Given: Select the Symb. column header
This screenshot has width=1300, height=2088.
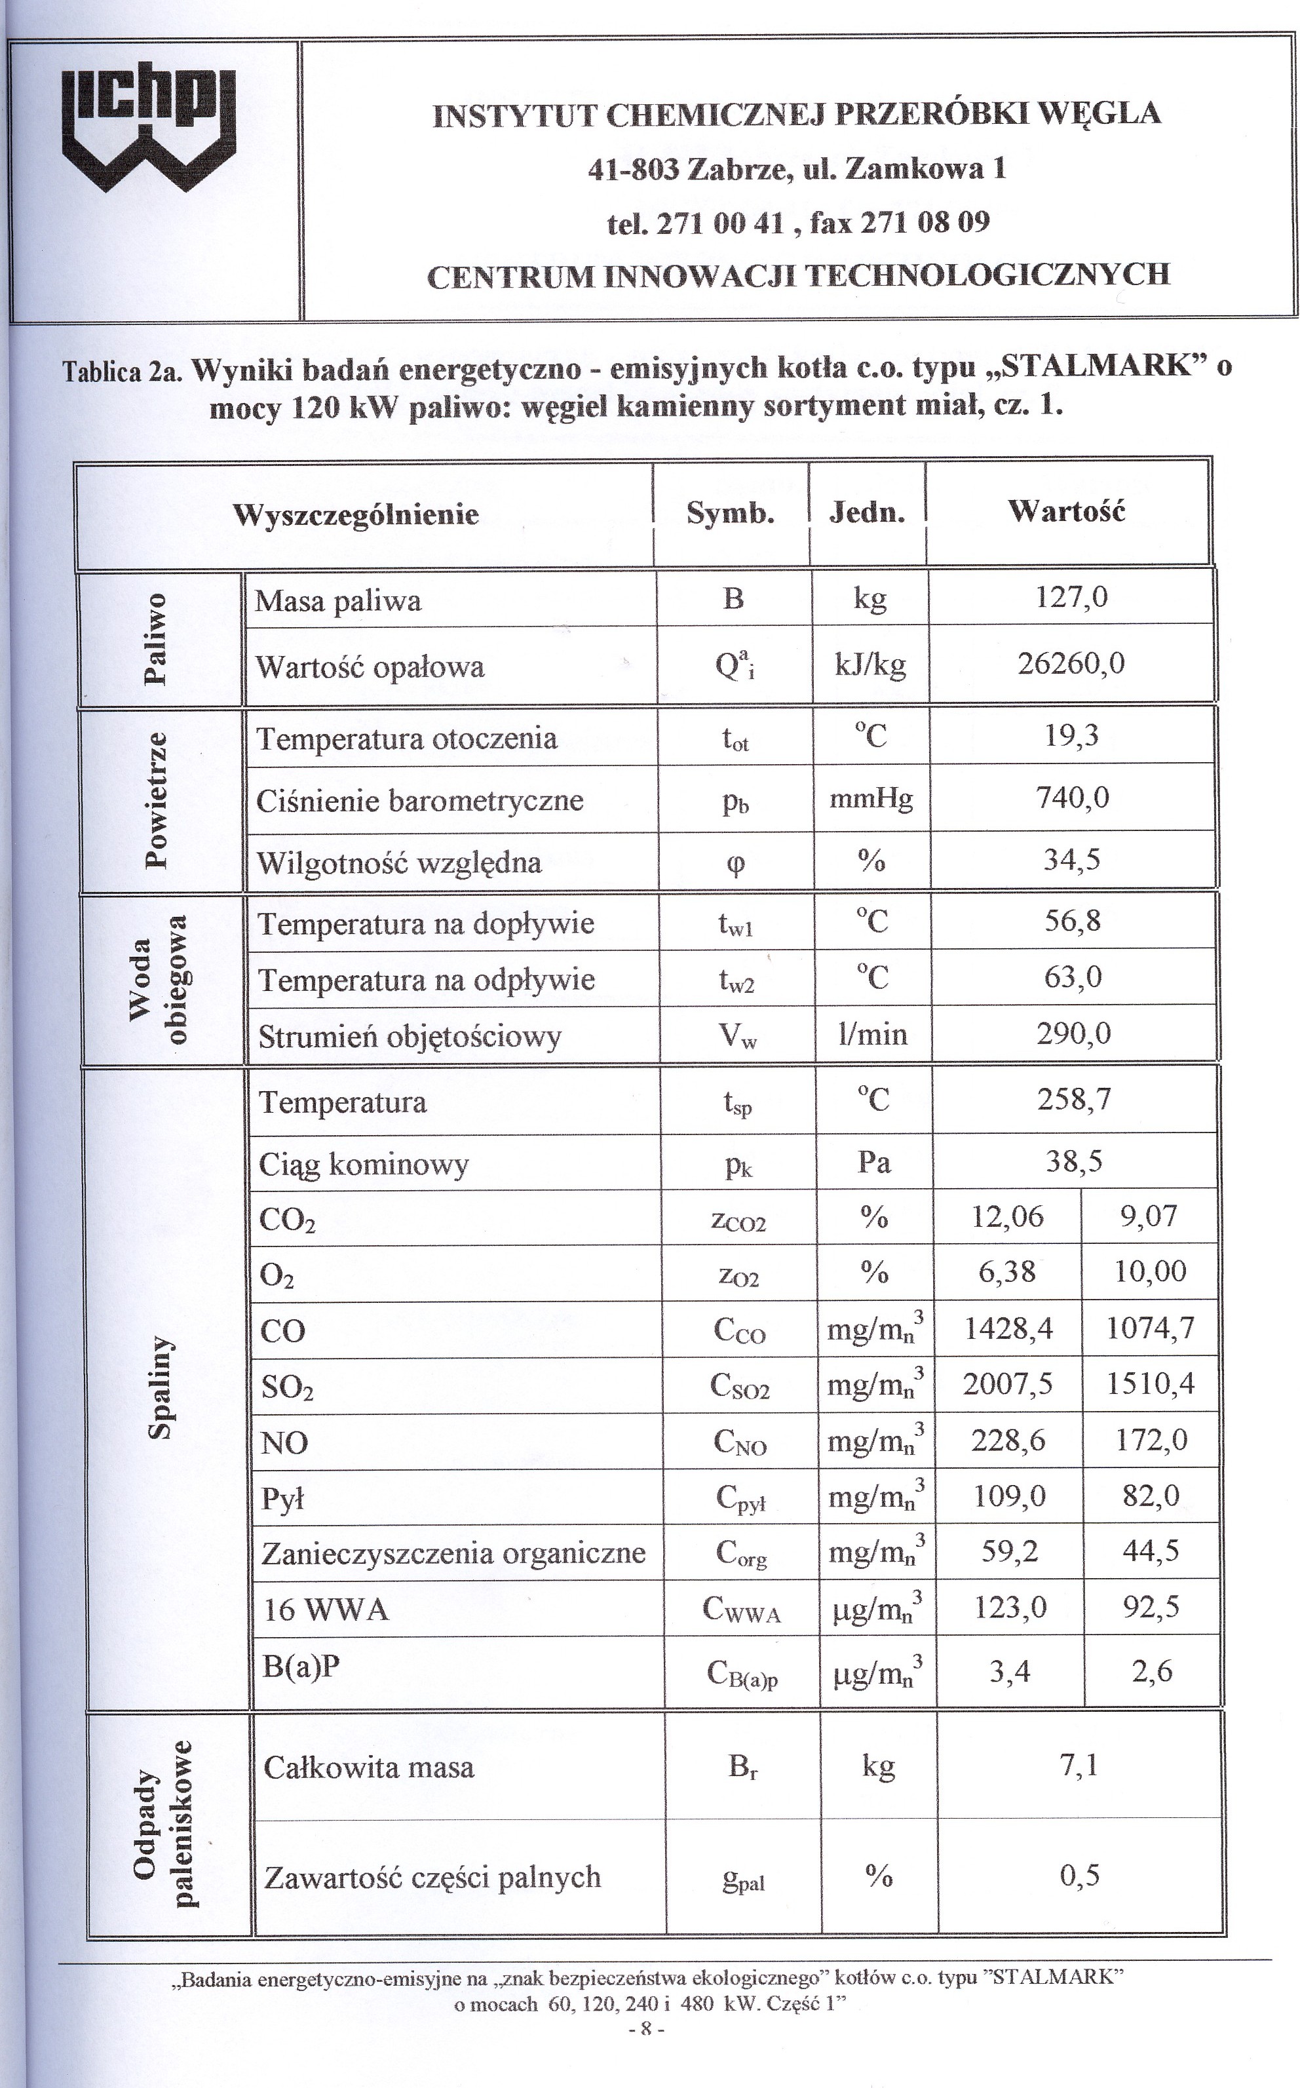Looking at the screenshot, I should (730, 513).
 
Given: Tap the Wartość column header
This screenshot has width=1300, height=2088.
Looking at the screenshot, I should (1066, 512).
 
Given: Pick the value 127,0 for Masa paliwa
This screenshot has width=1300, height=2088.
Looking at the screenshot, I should (1071, 597).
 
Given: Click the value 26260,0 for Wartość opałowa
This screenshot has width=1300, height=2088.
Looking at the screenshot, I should (1071, 664).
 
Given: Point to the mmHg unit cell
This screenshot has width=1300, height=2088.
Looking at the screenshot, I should (871, 799).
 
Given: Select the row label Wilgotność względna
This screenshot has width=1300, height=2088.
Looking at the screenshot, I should (400, 862).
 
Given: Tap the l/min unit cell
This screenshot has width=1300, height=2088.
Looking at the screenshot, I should (873, 1034).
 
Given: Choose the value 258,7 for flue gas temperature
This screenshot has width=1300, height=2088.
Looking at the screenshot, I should (1074, 1099).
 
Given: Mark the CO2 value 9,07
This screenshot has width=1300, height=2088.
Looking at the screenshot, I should (1149, 1216).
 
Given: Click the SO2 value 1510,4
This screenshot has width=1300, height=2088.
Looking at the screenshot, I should (1151, 1383).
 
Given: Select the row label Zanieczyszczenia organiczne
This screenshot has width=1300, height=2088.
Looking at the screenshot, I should (453, 1553).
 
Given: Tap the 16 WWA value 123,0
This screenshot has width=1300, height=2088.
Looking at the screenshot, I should (1009, 1606).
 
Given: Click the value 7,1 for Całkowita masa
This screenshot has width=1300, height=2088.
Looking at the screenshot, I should (1079, 1766).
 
